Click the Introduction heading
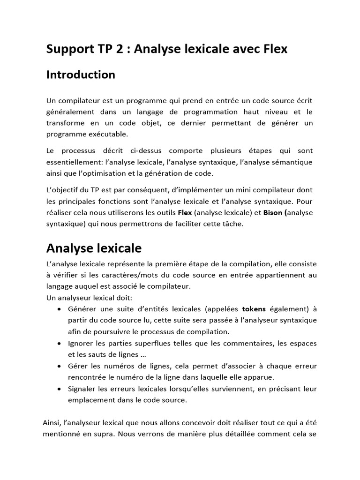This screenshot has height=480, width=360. pyautogui.click(x=81, y=75)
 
